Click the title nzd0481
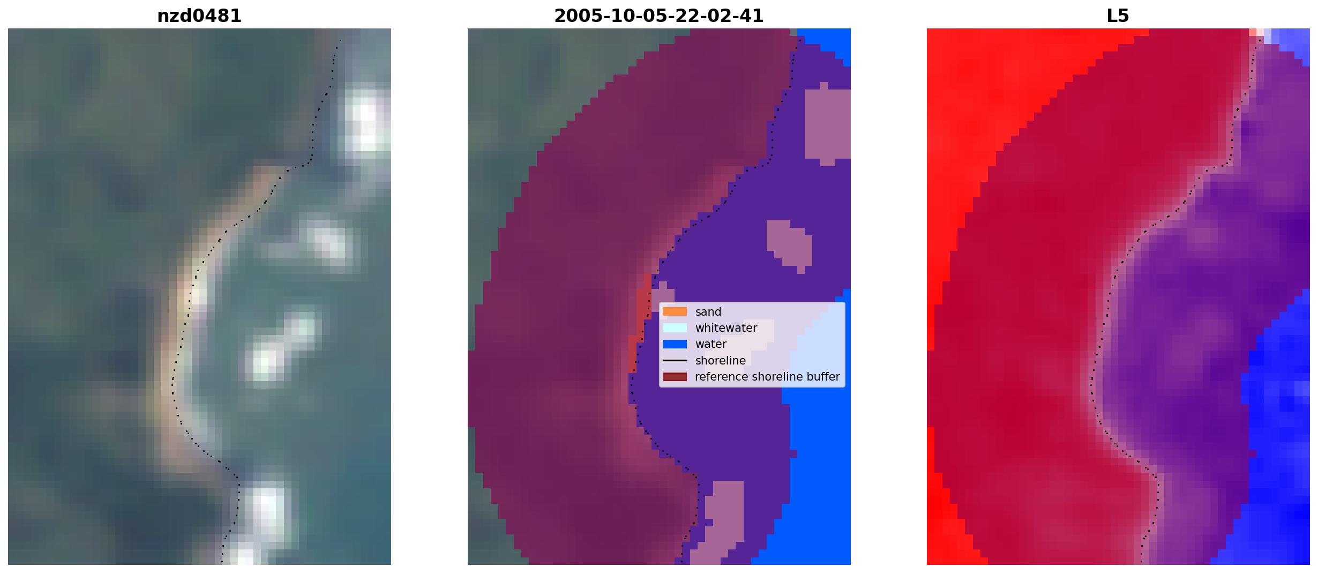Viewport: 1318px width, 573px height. (x=199, y=16)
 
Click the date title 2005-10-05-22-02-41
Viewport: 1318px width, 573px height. (x=659, y=16)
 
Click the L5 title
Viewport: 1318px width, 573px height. (x=1118, y=16)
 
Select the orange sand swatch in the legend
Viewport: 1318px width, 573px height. (x=675, y=311)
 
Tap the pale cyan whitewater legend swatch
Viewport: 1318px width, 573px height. (x=675, y=328)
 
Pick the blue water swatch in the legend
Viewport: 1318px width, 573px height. (x=675, y=344)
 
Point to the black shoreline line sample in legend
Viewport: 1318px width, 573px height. (x=675, y=360)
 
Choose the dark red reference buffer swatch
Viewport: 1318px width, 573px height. (x=675, y=377)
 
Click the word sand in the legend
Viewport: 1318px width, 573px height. (x=708, y=312)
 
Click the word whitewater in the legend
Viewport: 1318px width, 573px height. (x=726, y=328)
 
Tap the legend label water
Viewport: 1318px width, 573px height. (x=711, y=344)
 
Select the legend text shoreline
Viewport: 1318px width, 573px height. (x=721, y=361)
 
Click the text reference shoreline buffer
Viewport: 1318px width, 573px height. (x=767, y=377)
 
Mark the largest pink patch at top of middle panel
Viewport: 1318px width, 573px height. (x=828, y=123)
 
